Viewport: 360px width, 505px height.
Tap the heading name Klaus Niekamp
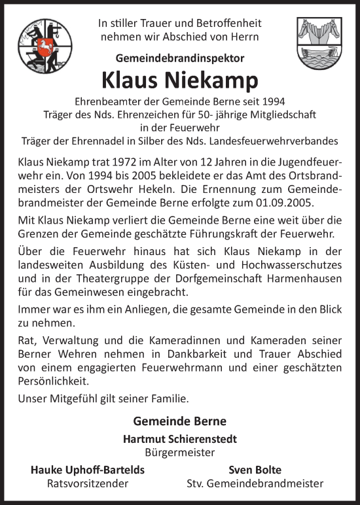[x=180, y=80]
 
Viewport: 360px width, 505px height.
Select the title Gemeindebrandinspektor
[x=180, y=58]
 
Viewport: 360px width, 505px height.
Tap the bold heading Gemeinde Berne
[x=180, y=421]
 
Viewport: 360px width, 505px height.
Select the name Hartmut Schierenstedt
[x=180, y=439]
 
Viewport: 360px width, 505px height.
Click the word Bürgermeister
[x=180, y=452]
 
